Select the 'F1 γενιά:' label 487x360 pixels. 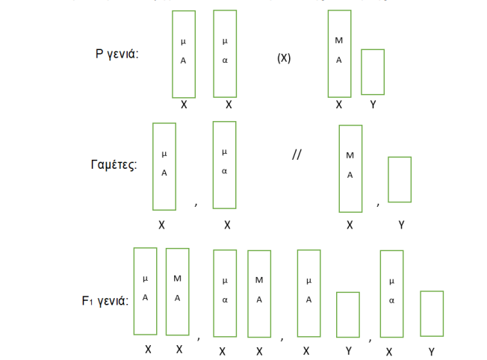point(105,302)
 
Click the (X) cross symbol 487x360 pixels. point(284,58)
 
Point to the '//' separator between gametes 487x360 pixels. point(297,156)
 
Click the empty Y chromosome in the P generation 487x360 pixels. point(373,72)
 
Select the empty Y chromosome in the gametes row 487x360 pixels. point(400,179)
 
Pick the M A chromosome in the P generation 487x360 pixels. point(339,54)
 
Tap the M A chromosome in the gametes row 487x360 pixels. point(350,168)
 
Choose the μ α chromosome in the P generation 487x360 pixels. point(225,54)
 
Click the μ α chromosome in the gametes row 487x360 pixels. point(224,165)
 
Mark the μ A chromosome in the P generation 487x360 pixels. point(184,54)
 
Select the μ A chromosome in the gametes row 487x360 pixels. point(164,166)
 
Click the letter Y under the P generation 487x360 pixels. point(373,105)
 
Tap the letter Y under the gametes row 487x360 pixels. point(401,223)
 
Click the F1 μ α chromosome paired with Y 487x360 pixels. point(392,292)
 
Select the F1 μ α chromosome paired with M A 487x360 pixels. point(225,292)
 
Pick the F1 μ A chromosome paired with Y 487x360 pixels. point(308,292)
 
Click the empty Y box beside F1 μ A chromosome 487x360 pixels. point(348,314)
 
